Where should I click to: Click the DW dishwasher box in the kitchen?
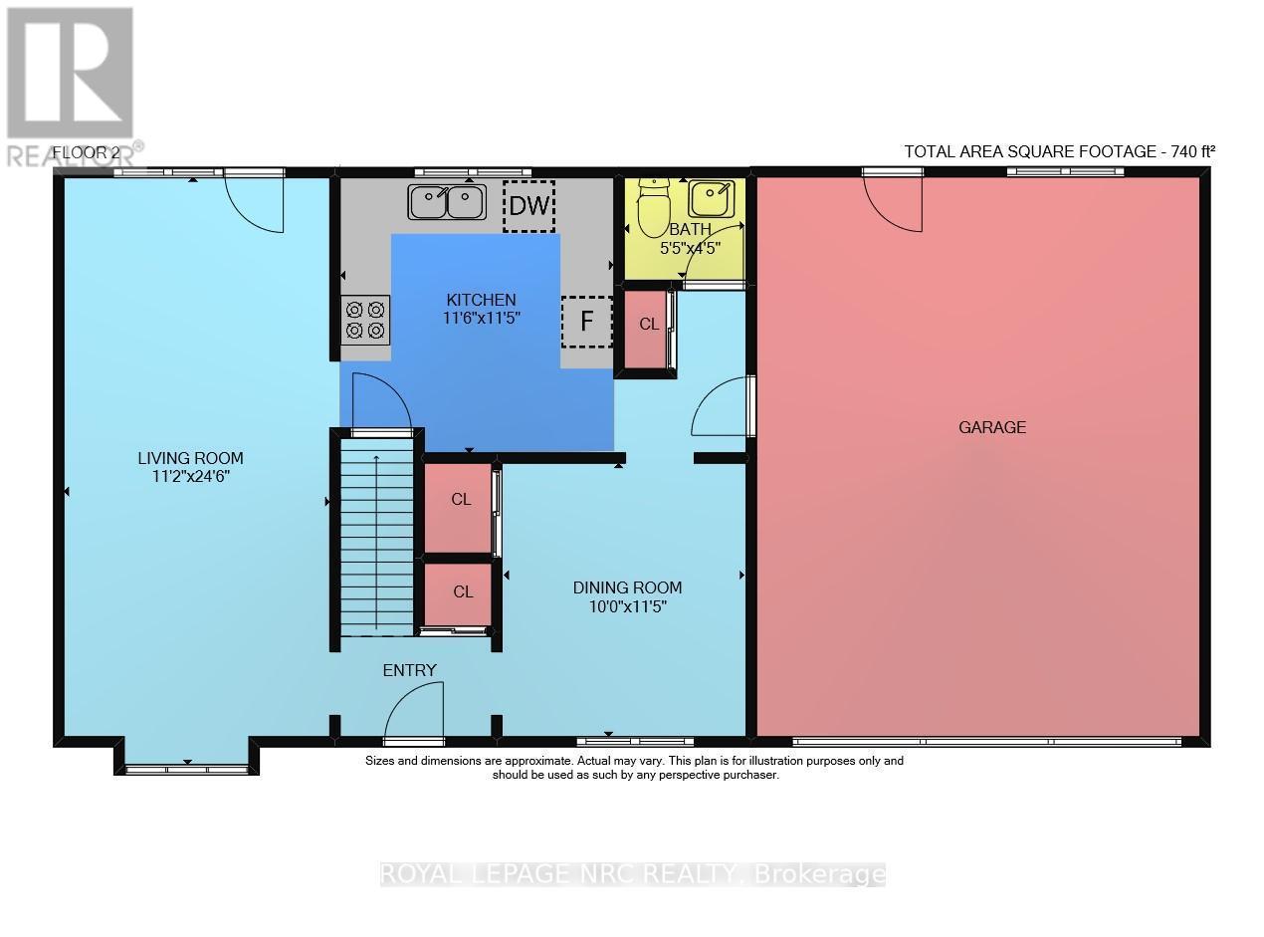[528, 206]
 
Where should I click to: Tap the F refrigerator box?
[586, 322]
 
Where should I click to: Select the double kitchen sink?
[446, 202]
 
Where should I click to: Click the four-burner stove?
[365, 320]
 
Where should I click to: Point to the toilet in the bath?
[654, 207]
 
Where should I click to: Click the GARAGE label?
[991, 427]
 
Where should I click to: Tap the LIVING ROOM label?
[190, 458]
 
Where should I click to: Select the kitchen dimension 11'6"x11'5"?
[481, 318]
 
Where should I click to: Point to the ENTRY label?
[410, 670]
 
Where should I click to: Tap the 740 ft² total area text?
[1059, 151]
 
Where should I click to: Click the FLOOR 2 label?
[86, 152]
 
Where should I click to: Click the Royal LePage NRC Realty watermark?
[633, 874]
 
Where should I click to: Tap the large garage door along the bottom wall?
[985, 741]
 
